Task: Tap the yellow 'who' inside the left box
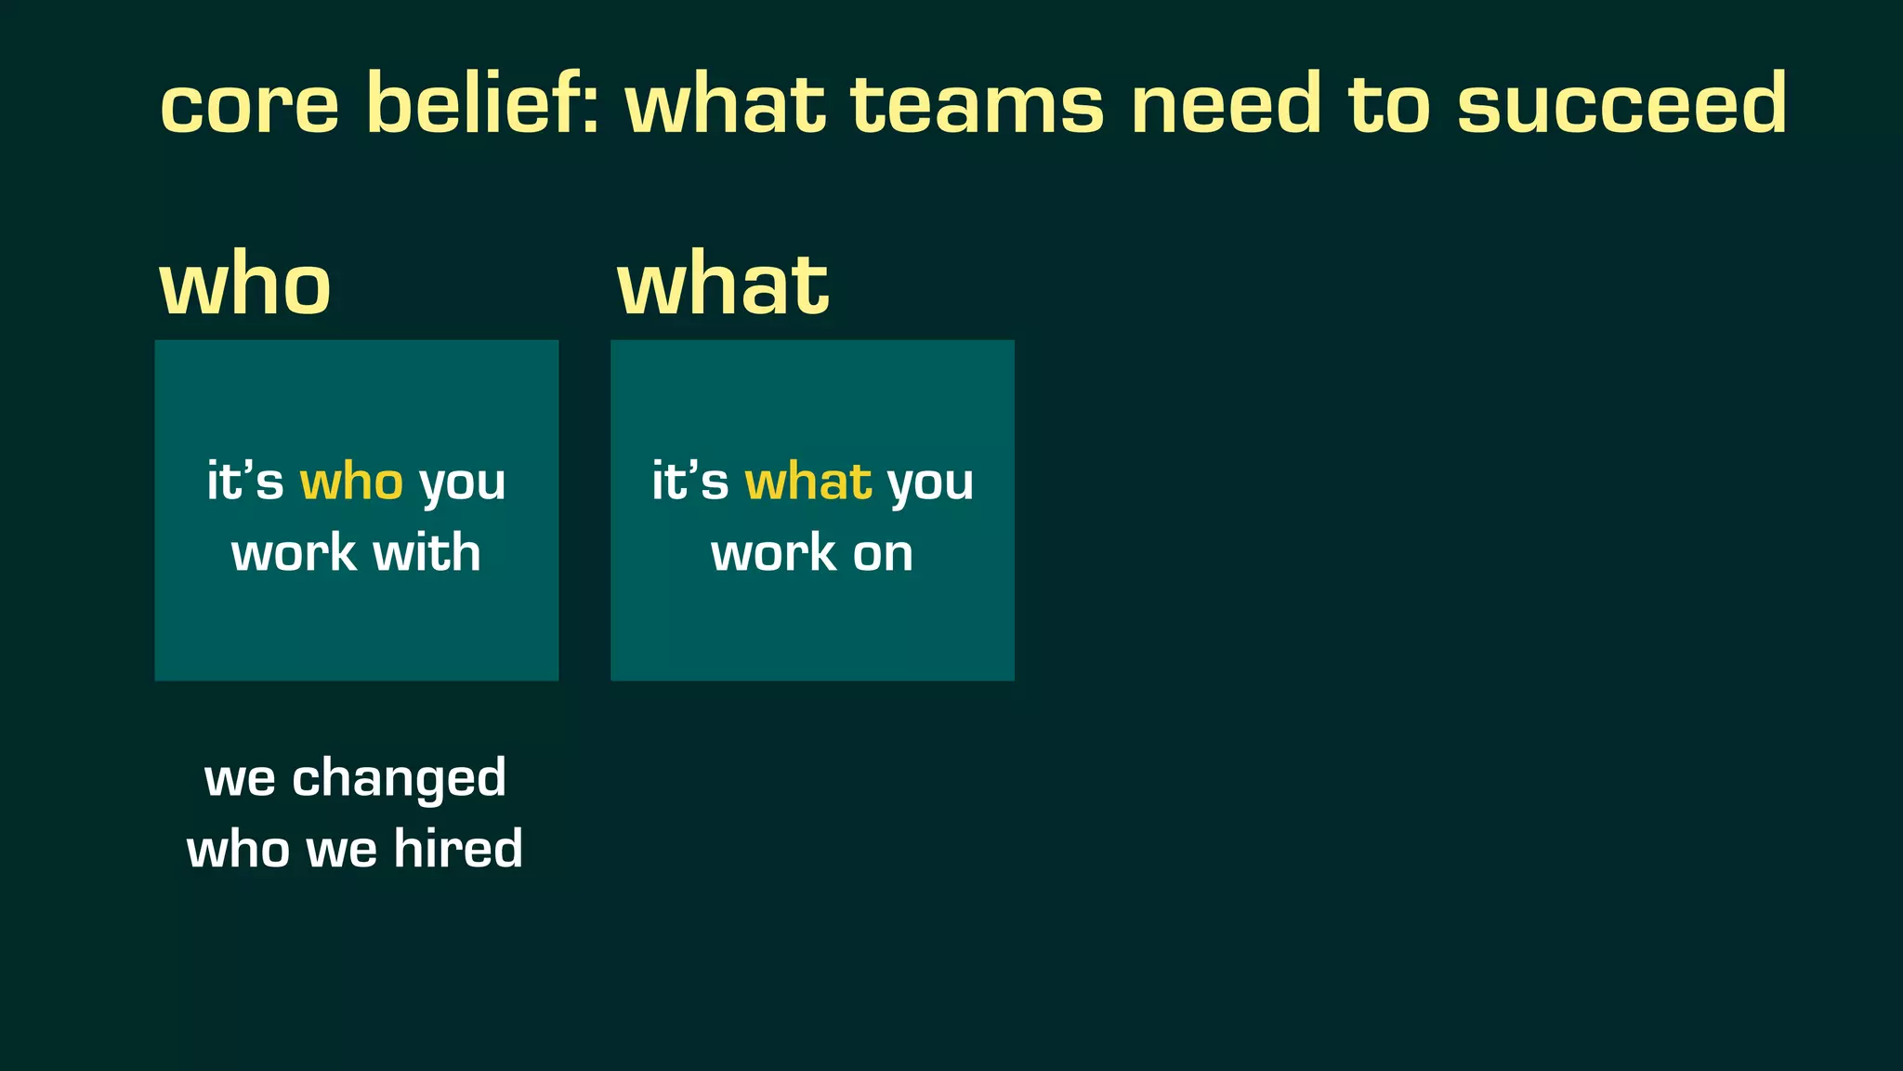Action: (351, 482)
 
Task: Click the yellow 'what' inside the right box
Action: (808, 482)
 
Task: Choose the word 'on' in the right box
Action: (883, 554)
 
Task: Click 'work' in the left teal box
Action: (294, 554)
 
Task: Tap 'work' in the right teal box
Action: (773, 554)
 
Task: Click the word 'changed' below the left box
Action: (399, 778)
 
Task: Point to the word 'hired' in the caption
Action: (458, 849)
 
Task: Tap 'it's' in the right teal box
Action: (689, 482)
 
